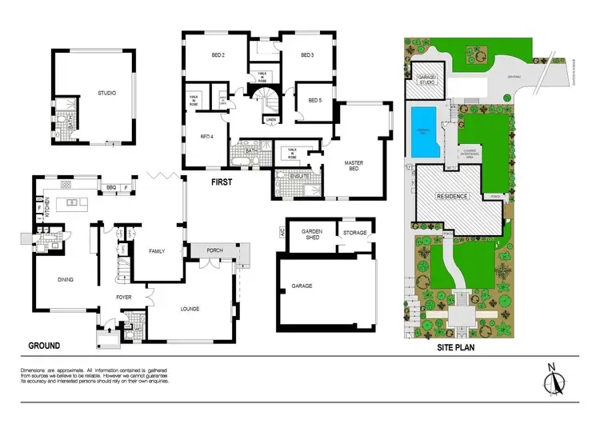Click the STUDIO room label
pyautogui.click(x=106, y=93)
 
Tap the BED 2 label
pyautogui.click(x=217, y=55)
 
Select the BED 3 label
pyautogui.click(x=306, y=55)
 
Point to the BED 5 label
pyautogui.click(x=314, y=100)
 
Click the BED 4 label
pyautogui.click(x=206, y=137)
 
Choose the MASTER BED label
pyautogui.click(x=354, y=167)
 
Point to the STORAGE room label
pyautogui.click(x=354, y=233)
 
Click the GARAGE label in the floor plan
pyautogui.click(x=301, y=286)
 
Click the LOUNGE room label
pyautogui.click(x=190, y=308)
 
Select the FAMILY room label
pyautogui.click(x=157, y=251)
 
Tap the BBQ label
pyautogui.click(x=110, y=189)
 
